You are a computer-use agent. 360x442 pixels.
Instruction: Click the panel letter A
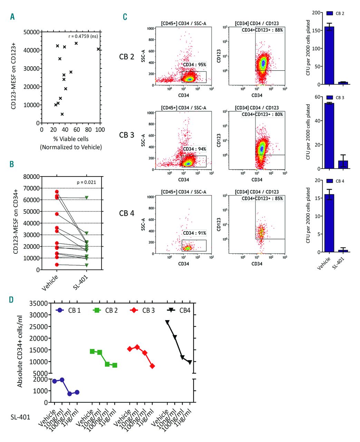[12, 17]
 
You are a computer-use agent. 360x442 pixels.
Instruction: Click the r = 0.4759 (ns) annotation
[83, 36]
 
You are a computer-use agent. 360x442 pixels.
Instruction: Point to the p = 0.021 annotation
[86, 182]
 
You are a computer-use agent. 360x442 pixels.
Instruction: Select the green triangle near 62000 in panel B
[87, 198]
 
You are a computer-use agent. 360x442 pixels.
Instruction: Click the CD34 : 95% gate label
[194, 65]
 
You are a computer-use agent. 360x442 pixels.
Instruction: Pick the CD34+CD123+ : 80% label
[262, 114]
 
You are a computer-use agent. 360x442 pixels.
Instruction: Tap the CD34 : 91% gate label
[194, 233]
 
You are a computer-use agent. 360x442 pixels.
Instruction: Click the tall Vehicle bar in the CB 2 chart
[329, 56]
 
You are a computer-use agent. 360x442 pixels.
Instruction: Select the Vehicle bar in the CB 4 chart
[329, 223]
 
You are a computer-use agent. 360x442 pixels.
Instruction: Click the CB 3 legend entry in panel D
[142, 310]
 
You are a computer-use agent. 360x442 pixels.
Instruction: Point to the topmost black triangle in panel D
[167, 322]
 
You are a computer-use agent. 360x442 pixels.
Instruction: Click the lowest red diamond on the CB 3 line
[152, 366]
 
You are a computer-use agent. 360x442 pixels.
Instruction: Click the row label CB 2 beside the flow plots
[126, 57]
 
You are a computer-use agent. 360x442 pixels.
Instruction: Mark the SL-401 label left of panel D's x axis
[20, 417]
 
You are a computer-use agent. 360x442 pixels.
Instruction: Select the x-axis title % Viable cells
[71, 139]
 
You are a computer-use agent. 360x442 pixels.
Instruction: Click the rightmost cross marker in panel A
[98, 49]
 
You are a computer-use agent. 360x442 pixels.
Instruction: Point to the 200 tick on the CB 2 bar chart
[315, 13]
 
